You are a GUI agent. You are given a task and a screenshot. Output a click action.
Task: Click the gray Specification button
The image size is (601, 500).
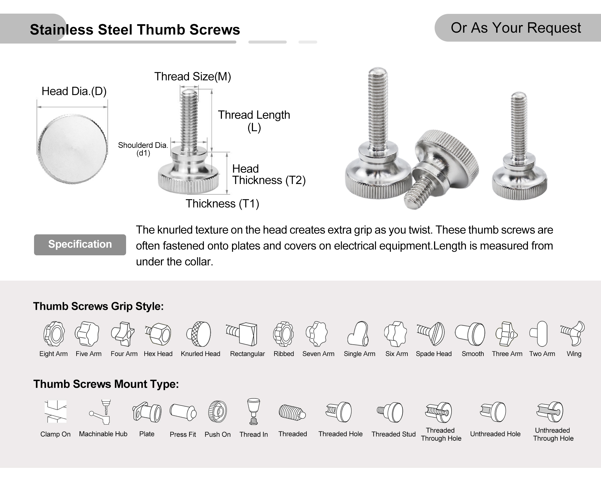pyautogui.click(x=80, y=245)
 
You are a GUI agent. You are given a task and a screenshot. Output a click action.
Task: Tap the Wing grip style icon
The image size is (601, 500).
pyautogui.click(x=573, y=333)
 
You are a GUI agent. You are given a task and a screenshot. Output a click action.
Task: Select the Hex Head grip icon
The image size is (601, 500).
pyautogui.click(x=158, y=334)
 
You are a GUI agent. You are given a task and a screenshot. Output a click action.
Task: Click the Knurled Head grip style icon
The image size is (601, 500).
pyautogui.click(x=200, y=334)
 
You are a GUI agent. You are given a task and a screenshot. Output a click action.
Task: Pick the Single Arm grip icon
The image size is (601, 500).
pyautogui.click(x=359, y=334)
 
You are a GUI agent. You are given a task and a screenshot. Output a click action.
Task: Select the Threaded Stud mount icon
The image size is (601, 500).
pyautogui.click(x=391, y=412)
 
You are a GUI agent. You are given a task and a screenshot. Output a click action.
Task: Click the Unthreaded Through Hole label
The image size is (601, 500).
pyautogui.click(x=553, y=434)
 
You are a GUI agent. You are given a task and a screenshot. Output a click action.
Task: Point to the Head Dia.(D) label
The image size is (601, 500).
pyautogui.click(x=74, y=91)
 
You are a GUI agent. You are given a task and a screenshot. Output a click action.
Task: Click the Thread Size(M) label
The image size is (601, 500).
pyautogui.click(x=193, y=76)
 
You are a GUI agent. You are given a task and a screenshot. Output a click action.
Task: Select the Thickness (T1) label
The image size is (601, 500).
pyautogui.click(x=222, y=204)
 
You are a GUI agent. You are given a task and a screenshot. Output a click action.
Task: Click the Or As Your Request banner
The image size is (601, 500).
pyautogui.click(x=516, y=28)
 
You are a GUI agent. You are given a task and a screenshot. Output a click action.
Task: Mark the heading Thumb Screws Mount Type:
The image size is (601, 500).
pyautogui.click(x=106, y=384)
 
